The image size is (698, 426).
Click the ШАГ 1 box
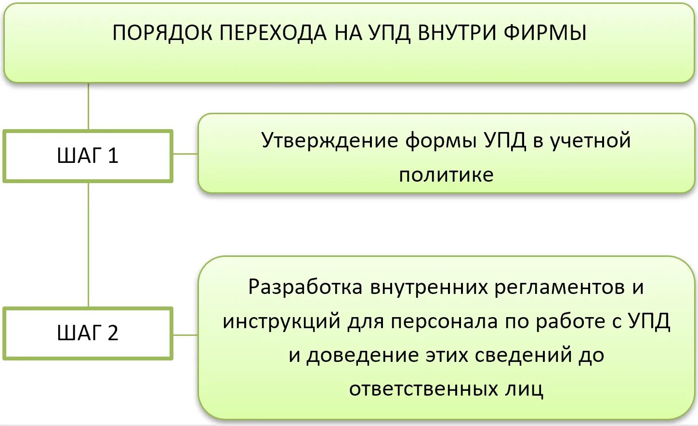click(x=88, y=156)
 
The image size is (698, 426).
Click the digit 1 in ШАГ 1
click(x=113, y=156)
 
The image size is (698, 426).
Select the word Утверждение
click(x=330, y=141)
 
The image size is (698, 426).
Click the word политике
click(x=446, y=175)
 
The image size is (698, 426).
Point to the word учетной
click(x=591, y=141)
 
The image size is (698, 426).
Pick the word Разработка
click(x=305, y=287)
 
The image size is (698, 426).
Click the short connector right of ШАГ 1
click(x=185, y=154)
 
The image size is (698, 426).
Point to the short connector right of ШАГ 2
click(x=185, y=335)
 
